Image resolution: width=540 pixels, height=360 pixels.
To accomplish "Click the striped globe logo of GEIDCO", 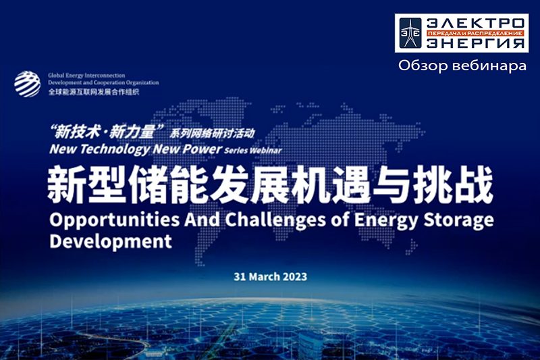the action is pyautogui.click(x=27, y=84).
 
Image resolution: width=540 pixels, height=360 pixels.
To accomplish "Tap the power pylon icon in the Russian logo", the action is pyautogui.click(x=410, y=33).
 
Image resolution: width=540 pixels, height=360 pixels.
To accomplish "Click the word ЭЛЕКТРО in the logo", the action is pyautogui.click(x=476, y=24).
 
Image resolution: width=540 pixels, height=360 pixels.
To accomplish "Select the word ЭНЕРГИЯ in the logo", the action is pyautogui.click(x=476, y=43).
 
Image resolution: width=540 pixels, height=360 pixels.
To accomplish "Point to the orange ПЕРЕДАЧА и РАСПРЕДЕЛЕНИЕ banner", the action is pyautogui.click(x=476, y=33).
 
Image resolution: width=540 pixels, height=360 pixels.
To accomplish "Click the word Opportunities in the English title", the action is pyautogui.click(x=115, y=220).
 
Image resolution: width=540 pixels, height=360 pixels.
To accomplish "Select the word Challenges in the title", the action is pyautogui.click(x=275, y=220).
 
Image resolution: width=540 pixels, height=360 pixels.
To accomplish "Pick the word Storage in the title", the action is pyautogui.click(x=458, y=220).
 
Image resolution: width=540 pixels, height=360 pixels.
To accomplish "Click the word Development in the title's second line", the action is pyautogui.click(x=111, y=242).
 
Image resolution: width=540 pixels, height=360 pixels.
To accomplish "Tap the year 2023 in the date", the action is pyautogui.click(x=294, y=277).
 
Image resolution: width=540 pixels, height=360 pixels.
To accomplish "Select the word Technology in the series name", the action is pyautogui.click(x=115, y=149).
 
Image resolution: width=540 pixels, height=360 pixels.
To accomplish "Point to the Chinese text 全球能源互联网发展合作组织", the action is pyautogui.click(x=94, y=92).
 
